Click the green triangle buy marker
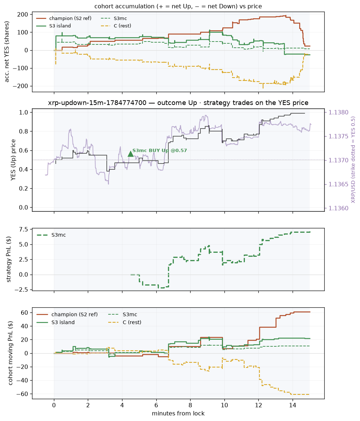(x=130, y=154)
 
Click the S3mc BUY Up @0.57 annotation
(x=160, y=150)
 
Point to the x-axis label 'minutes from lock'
(x=178, y=413)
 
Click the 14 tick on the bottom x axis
(x=293, y=405)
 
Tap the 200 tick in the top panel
(x=23, y=15)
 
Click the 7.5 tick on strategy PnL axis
(x=23, y=229)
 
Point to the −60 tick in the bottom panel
(x=23, y=394)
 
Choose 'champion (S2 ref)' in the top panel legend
(x=70, y=18)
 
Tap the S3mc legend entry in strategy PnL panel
(x=59, y=235)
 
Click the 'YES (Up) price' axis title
(x=13, y=160)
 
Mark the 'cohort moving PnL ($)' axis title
(x=11, y=353)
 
